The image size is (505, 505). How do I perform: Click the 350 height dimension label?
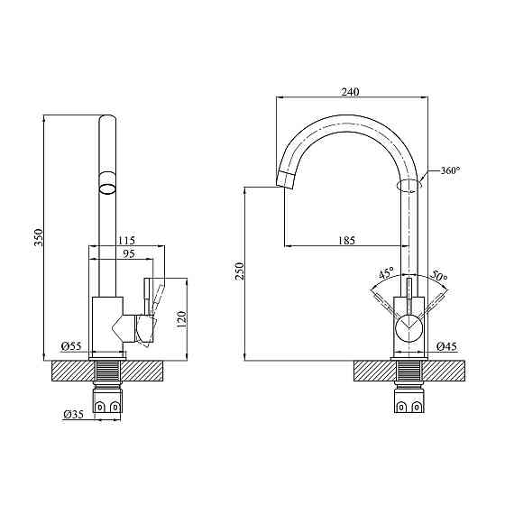pos(39,236)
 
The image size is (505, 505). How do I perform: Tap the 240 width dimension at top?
pos(350,92)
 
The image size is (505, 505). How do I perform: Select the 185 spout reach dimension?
pos(346,240)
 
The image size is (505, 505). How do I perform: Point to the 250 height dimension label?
pos(240,271)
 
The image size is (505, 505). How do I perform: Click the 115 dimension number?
pos(126,240)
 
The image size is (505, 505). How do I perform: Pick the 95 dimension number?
pos(128,253)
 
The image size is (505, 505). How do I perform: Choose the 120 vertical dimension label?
pos(182,319)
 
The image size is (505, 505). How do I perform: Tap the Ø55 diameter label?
pos(71,346)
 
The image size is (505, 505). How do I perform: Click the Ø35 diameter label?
pos(73,414)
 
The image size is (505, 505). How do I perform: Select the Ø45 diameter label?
pos(446,346)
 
